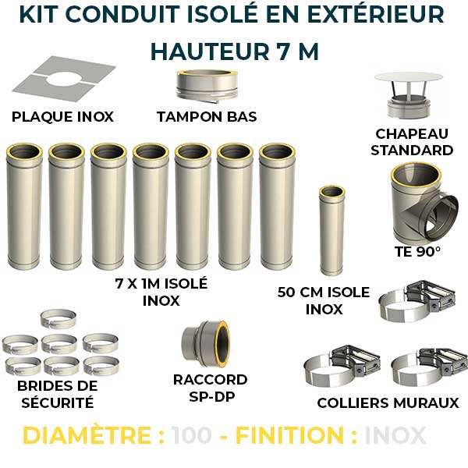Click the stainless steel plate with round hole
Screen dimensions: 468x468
pos(63,82)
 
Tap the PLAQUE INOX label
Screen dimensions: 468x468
pos(62,117)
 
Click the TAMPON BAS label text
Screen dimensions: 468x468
pos(207,117)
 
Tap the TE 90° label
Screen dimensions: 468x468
pos(418,252)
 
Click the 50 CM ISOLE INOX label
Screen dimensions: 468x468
pos(324,301)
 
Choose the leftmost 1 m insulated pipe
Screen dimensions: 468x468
pos(24,206)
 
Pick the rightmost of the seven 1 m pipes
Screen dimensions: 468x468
pos(277,206)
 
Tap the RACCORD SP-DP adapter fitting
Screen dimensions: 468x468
pos(205,340)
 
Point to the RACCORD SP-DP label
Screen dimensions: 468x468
pos(211,388)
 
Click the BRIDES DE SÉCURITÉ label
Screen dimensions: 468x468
pos(58,394)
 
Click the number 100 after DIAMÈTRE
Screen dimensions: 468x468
pos(191,435)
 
